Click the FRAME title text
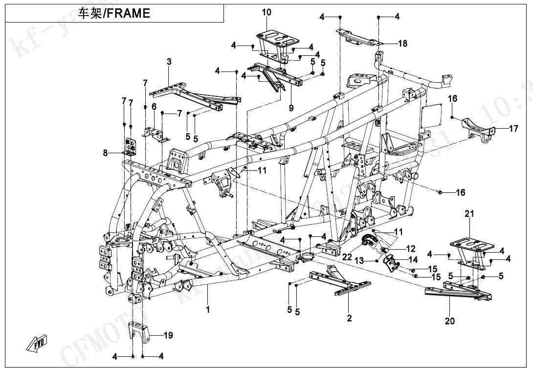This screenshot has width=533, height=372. coord(114,13)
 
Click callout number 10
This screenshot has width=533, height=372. coord(266,12)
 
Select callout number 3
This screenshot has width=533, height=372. coord(169,62)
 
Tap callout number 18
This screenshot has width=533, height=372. coord(402,44)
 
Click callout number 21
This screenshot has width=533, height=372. coord(469,214)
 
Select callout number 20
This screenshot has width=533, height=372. coord(449,321)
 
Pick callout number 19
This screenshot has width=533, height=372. coord(168,336)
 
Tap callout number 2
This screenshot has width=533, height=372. coord(349,319)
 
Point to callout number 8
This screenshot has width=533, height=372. coord(105,153)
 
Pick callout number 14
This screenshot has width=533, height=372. coord(413,260)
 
